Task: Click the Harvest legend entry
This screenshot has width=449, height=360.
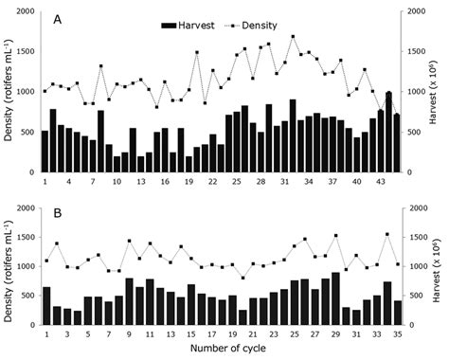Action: pyautogui.click(x=188, y=26)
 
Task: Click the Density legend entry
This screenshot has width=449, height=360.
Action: pyautogui.click(x=251, y=26)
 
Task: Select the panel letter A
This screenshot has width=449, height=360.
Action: pyautogui.click(x=58, y=20)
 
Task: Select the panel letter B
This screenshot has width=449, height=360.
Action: pyautogui.click(x=58, y=213)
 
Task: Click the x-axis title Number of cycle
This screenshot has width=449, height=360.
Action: pyautogui.click(x=228, y=349)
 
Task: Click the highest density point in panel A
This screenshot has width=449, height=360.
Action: pyautogui.click(x=293, y=36)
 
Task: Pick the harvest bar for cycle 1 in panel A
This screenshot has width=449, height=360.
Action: pyautogui.click(x=45, y=152)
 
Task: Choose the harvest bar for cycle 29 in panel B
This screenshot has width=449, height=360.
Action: pyautogui.click(x=335, y=298)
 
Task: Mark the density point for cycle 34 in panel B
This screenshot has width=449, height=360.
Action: pyautogui.click(x=387, y=234)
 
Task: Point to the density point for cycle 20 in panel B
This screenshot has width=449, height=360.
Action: pyautogui.click(x=242, y=278)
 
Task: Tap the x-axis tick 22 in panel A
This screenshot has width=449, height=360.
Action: pyautogui.click(x=213, y=182)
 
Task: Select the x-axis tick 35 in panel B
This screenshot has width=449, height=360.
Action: pyautogui.click(x=398, y=334)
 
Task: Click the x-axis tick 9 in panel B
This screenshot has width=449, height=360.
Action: pyautogui.click(x=129, y=334)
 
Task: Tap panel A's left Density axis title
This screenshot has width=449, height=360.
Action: pyautogui.click(x=9, y=90)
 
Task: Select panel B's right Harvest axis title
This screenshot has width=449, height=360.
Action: pyautogui.click(x=436, y=266)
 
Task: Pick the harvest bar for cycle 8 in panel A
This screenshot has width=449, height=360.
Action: pyautogui.click(x=100, y=141)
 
